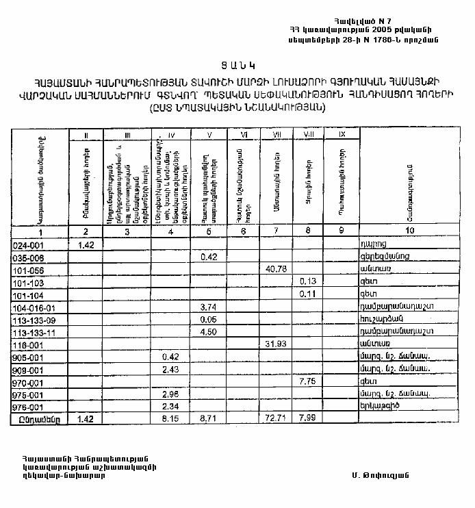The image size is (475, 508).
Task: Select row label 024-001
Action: pyautogui.click(x=28, y=244)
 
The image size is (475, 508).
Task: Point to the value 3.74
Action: pyautogui.click(x=209, y=307)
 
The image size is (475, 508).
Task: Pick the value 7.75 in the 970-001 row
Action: pyautogui.click(x=307, y=381)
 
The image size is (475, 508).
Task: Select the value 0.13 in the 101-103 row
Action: pyautogui.click(x=307, y=281)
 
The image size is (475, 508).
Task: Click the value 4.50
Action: pyautogui.click(x=209, y=331)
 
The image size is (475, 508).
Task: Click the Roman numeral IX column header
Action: pyautogui.click(x=341, y=135)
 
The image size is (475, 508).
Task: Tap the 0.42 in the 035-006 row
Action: pyautogui.click(x=209, y=257)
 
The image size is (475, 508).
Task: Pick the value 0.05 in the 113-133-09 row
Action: pyautogui.click(x=209, y=319)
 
